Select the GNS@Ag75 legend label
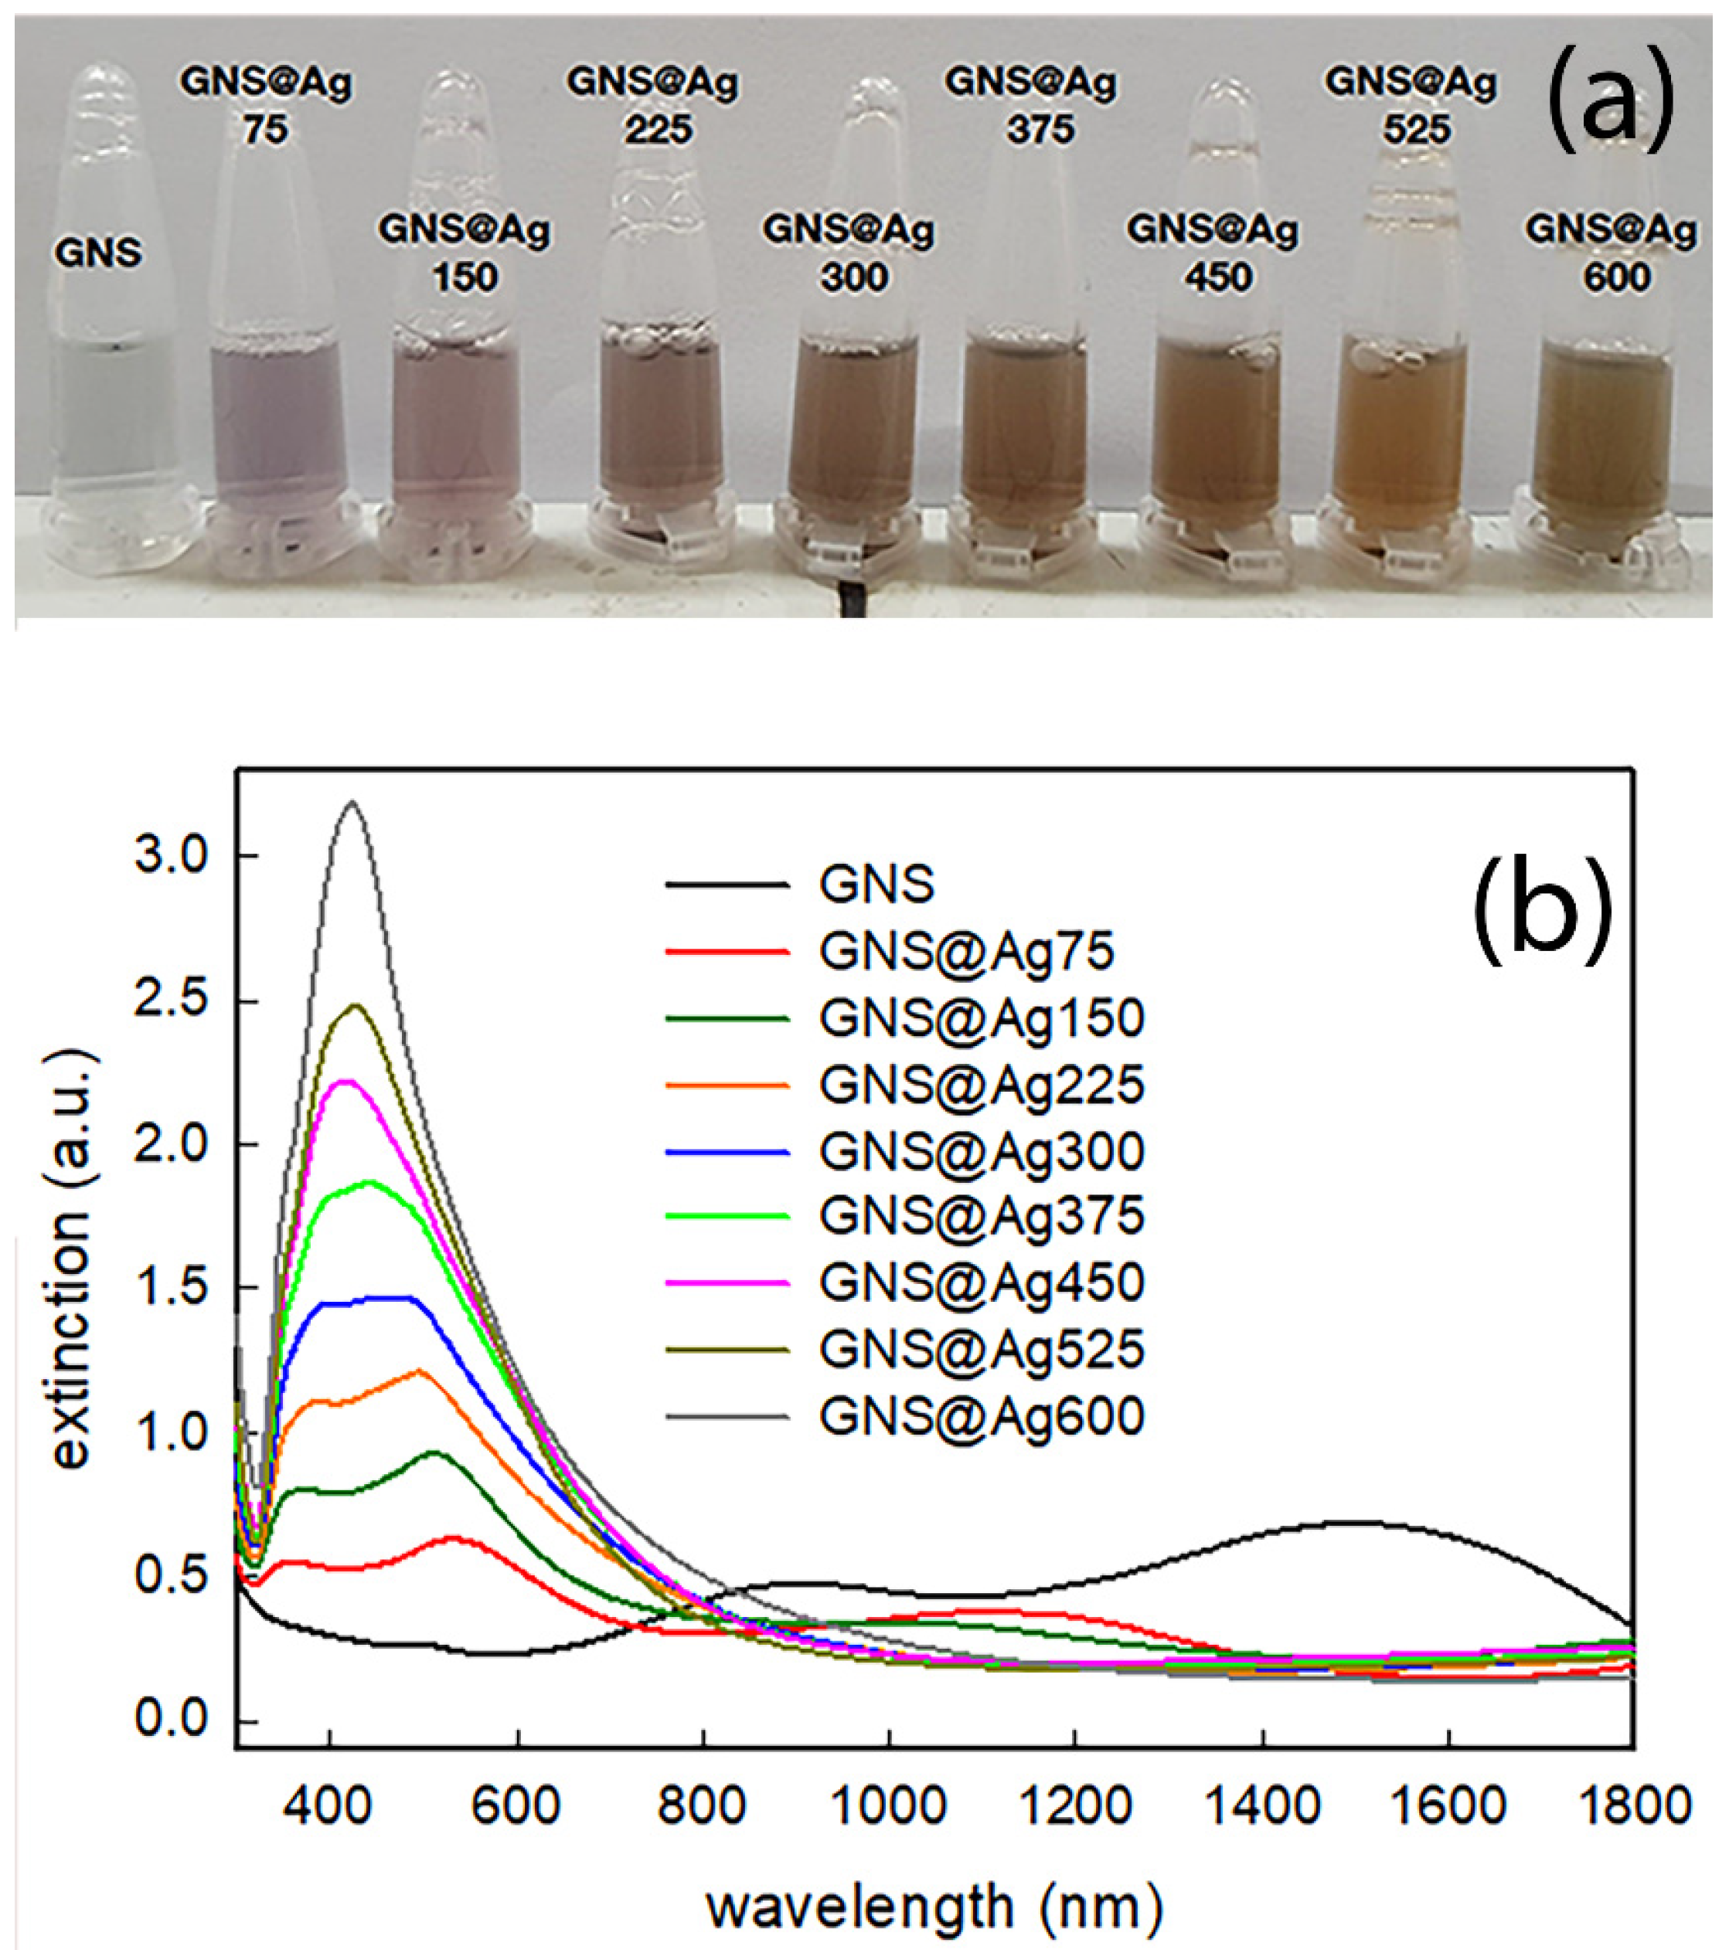(965, 951)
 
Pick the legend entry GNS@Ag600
(981, 1417)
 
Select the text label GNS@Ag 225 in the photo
(654, 105)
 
